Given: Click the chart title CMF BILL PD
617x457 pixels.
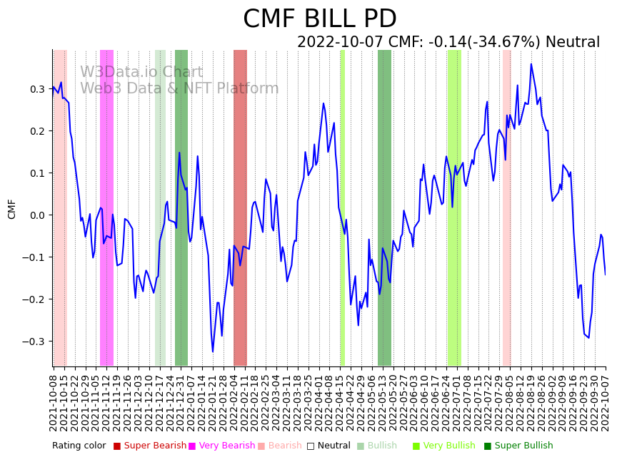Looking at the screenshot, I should [x=319, y=19].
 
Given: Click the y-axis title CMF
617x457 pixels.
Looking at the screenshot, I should [x=12, y=209].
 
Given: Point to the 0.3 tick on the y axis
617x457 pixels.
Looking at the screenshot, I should [x=36, y=89].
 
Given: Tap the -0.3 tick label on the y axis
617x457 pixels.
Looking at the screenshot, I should [x=34, y=342].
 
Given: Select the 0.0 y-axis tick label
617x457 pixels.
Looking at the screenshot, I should [x=36, y=215].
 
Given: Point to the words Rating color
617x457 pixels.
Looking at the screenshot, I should [x=79, y=446].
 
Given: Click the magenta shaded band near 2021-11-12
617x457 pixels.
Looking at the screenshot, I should [x=106, y=207].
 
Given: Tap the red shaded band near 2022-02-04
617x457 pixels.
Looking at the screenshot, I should [x=240, y=207].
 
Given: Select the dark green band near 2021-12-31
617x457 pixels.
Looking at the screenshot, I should [x=181, y=207].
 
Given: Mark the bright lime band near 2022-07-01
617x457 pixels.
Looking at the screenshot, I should [x=453, y=207].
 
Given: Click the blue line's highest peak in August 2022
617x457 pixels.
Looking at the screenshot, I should [x=531, y=64].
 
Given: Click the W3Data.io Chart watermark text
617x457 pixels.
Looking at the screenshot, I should [x=141, y=72].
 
